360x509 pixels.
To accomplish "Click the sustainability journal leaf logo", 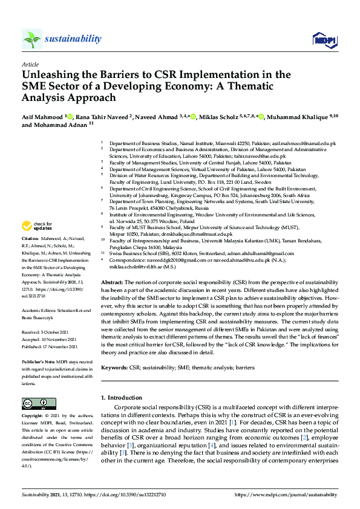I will [x=31, y=39].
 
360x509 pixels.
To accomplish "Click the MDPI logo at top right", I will [x=324, y=40].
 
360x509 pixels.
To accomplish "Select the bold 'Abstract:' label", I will [x=112, y=283].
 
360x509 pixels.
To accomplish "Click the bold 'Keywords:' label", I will [x=114, y=367].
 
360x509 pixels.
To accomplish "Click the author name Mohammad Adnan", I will [x=63, y=125].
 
